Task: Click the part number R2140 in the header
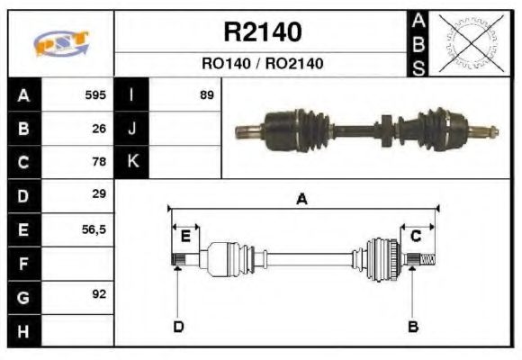pyautogui.click(x=262, y=33)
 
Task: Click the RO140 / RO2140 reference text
pyautogui.click(x=262, y=64)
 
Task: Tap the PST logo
pyautogui.click(x=60, y=43)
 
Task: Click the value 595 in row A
pyautogui.click(x=95, y=94)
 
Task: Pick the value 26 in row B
pyautogui.click(x=100, y=128)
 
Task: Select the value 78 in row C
pyautogui.click(x=100, y=162)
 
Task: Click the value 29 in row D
pyautogui.click(x=100, y=194)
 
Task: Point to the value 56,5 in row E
pyautogui.click(x=94, y=229)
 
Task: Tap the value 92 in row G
pyautogui.click(x=100, y=295)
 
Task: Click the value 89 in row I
pyautogui.click(x=207, y=94)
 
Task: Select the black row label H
pyautogui.click(x=22, y=330)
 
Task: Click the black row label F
pyautogui.click(x=22, y=263)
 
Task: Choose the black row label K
pyautogui.click(x=132, y=162)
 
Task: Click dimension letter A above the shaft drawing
pyautogui.click(x=302, y=200)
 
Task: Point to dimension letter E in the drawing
pyautogui.click(x=185, y=237)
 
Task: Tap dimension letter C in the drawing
pyautogui.click(x=416, y=236)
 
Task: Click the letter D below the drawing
pyautogui.click(x=178, y=327)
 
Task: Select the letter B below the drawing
pyautogui.click(x=413, y=327)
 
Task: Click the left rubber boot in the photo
pyautogui.click(x=306, y=125)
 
